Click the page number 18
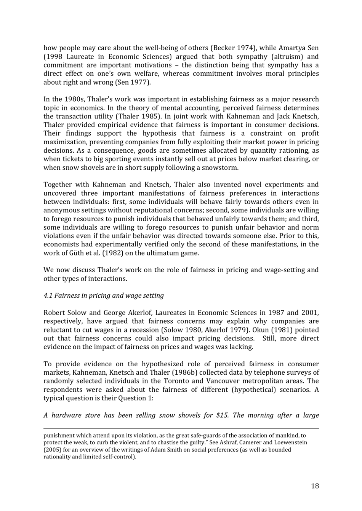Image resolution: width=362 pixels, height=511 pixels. coord(315,485)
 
